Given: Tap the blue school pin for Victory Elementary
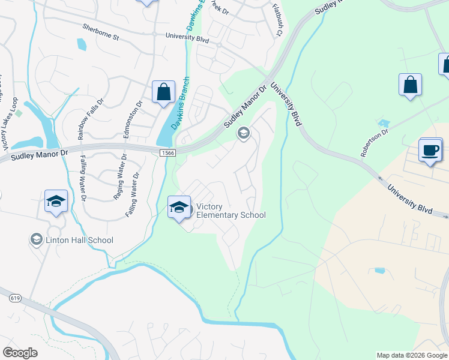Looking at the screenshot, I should pyautogui.click(x=178, y=208).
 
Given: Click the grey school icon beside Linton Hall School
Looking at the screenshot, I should pyautogui.click(x=36, y=240).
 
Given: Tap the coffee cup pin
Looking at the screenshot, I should pyautogui.click(x=430, y=150).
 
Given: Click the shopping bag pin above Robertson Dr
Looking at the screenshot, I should pyautogui.click(x=410, y=85).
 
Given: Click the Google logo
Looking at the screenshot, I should pyautogui.click(x=20, y=352).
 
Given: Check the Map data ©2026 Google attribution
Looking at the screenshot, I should pyautogui.click(x=412, y=355).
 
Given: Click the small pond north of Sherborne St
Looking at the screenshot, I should pyautogui.click(x=82, y=44).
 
